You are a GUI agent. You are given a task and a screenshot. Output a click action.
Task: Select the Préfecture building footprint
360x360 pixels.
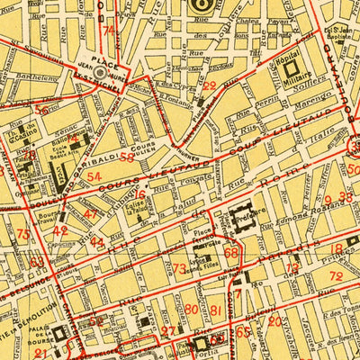click(242, 214)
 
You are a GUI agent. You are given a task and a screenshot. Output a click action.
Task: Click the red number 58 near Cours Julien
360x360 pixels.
click(127, 157)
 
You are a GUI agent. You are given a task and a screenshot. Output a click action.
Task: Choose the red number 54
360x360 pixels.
click(94, 176)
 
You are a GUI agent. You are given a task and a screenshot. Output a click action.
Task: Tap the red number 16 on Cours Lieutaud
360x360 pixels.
click(139, 193)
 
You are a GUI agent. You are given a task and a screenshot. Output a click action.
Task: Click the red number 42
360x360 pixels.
click(60, 231)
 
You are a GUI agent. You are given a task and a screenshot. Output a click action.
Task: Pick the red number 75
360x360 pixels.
click(22, 234)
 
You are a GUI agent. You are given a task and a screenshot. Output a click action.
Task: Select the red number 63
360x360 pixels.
click(37, 263)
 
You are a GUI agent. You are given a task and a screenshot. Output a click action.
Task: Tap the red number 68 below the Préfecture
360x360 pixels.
click(231, 253)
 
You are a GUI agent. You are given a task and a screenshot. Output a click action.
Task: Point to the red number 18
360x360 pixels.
click(342, 248)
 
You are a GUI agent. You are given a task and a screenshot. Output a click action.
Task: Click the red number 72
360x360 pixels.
click(336, 276)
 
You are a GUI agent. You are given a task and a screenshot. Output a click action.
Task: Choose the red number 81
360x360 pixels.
click(215, 310)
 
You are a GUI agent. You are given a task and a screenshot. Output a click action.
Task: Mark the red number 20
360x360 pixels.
click(191, 310)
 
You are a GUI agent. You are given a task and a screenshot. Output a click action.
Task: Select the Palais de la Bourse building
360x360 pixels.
click(59, 335)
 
